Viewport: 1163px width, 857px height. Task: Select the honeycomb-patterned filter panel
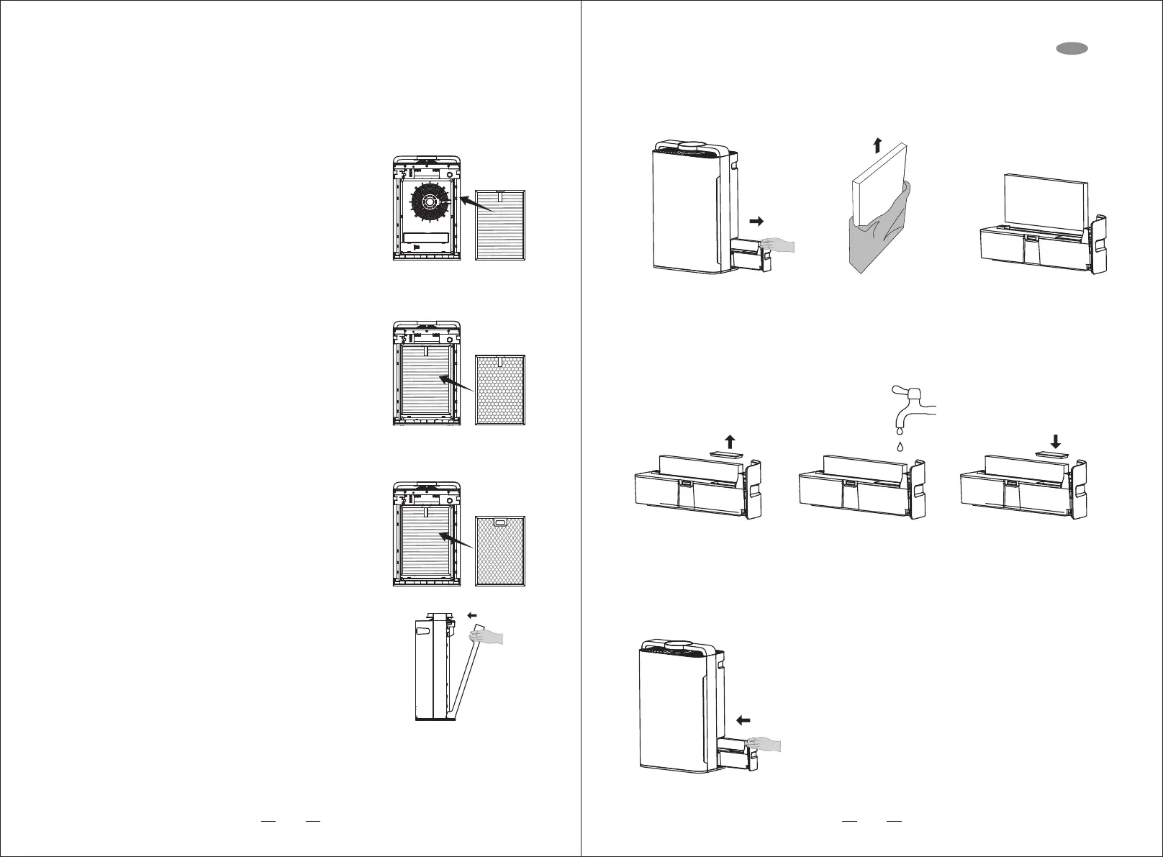coord(501,389)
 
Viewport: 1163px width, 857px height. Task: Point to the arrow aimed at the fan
coord(476,203)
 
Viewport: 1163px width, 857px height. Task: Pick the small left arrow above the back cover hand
coord(472,615)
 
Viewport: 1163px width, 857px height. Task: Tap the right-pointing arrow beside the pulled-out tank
coord(756,221)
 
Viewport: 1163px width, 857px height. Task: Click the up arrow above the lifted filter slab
coord(876,145)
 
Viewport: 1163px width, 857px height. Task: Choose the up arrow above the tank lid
coord(730,441)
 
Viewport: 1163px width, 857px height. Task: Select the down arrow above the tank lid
coord(1055,440)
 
